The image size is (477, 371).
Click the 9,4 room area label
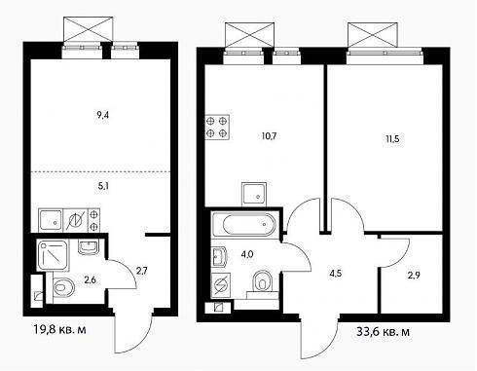102,115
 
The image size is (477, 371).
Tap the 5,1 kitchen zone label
103,186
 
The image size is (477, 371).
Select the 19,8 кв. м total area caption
59,329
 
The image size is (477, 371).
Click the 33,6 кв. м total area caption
383,332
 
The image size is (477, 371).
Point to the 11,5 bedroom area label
392,139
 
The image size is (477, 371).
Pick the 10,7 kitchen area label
269,135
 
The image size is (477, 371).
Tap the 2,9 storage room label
414,276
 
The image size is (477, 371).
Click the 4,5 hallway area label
336,274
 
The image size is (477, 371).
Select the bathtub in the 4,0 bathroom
244,224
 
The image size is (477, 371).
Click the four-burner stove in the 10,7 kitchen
217,128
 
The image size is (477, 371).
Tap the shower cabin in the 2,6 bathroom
53,255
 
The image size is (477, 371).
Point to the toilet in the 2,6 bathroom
63,287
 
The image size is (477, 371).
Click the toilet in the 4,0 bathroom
262,281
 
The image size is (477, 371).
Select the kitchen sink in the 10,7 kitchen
254,194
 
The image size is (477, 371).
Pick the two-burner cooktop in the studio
93,220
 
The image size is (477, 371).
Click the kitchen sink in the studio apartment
51,220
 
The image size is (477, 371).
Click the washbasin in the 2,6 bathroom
88,247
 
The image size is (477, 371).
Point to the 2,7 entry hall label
142,271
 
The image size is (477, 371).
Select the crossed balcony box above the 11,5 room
373,35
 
